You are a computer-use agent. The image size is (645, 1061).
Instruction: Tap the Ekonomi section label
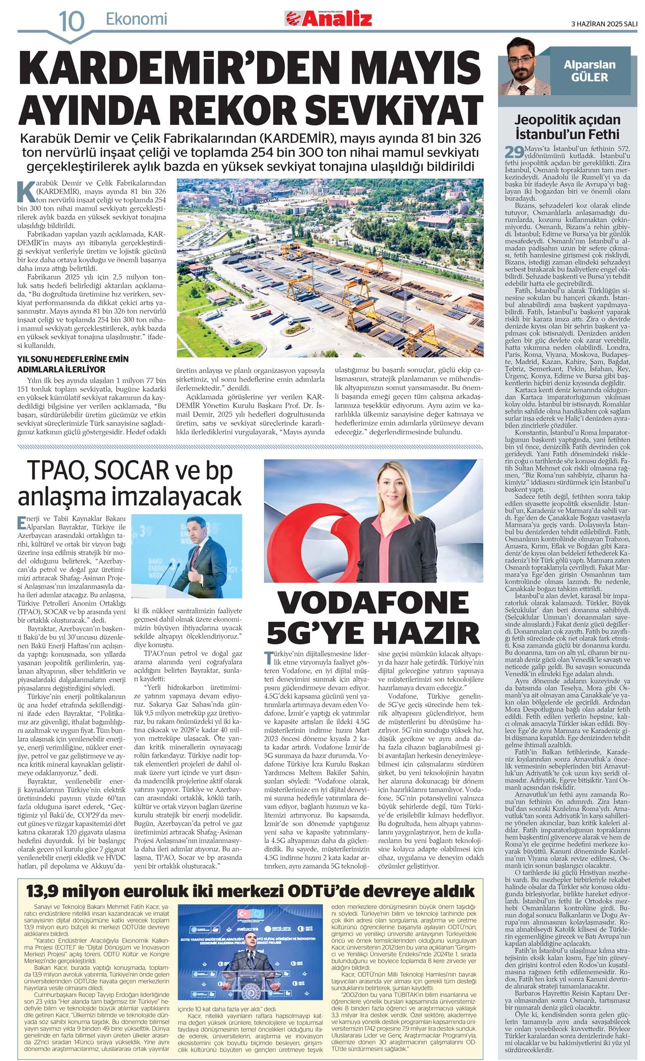(x=136, y=19)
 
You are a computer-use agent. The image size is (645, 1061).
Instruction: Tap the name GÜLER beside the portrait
(x=589, y=77)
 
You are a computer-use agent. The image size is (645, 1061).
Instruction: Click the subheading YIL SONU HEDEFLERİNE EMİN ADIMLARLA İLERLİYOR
(x=73, y=364)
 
